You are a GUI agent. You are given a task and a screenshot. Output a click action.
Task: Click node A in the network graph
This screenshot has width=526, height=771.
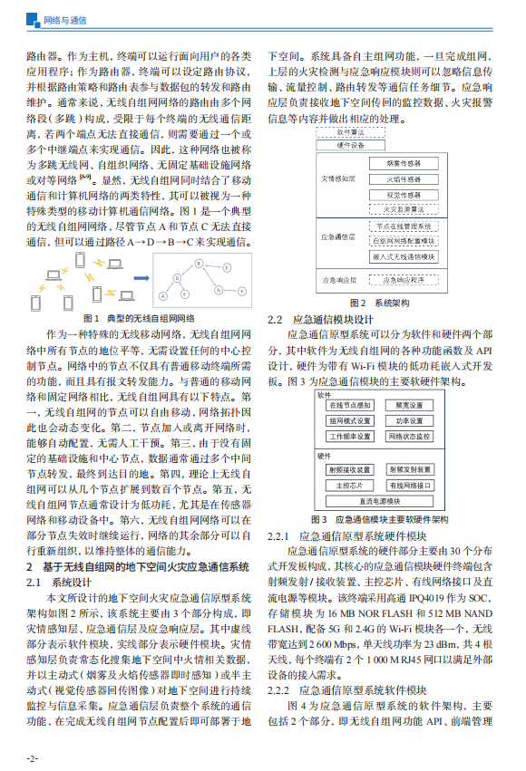[x=162, y=295]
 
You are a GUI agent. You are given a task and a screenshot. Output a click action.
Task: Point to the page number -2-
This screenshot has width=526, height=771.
[x=32, y=757]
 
